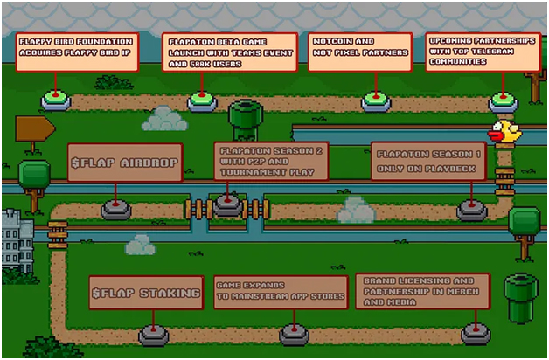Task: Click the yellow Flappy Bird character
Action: (504, 132)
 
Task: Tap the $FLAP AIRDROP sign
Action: (124, 163)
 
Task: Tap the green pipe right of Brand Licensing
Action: (522, 298)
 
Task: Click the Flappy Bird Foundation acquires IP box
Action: (77, 52)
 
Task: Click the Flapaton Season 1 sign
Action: (427, 161)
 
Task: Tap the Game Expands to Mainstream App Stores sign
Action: (281, 292)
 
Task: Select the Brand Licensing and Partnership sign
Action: (422, 291)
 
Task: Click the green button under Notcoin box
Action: (376, 102)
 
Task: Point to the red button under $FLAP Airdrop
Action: (116, 209)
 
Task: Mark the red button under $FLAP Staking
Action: (154, 334)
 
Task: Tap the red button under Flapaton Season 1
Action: (471, 210)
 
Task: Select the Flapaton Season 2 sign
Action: (271, 161)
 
